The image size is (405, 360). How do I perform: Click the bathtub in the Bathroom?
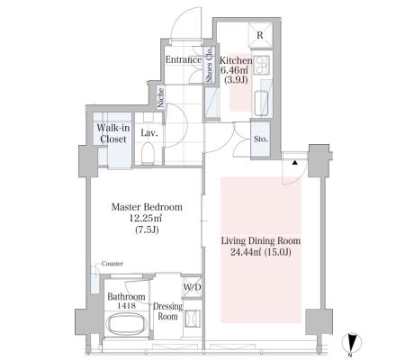(x=127, y=324)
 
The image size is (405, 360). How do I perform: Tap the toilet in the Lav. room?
(x=148, y=153)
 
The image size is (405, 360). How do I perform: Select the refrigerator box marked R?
(x=260, y=34)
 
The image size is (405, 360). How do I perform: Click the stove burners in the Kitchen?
(x=262, y=65)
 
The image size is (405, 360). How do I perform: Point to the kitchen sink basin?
(x=261, y=103)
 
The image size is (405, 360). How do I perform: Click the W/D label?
(x=192, y=287)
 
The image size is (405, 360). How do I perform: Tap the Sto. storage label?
(x=260, y=139)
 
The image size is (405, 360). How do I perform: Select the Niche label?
(x=161, y=97)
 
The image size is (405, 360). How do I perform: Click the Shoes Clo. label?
(x=209, y=65)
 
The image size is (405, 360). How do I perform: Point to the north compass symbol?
(x=352, y=342)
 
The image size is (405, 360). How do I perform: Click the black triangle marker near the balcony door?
(x=295, y=162)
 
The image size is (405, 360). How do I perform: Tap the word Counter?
(x=112, y=264)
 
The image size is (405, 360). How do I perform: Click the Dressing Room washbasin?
(x=192, y=319)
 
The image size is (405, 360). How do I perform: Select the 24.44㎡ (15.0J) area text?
(x=260, y=252)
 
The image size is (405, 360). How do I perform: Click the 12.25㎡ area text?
(x=146, y=218)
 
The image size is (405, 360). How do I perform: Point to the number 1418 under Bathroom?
(x=125, y=305)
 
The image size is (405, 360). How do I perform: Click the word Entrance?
(x=184, y=59)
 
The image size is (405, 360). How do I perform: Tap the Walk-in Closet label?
(x=113, y=133)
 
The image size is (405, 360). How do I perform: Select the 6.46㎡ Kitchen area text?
(x=234, y=70)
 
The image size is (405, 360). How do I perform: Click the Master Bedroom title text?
(x=147, y=207)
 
